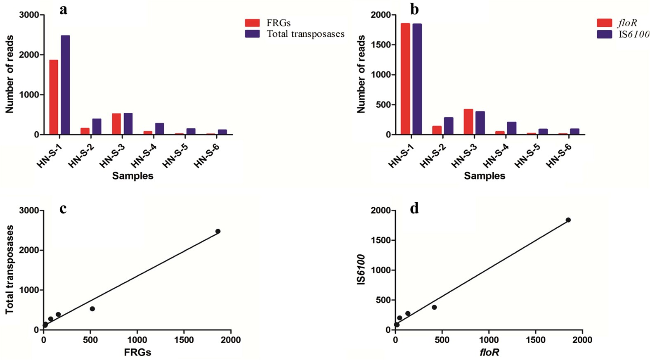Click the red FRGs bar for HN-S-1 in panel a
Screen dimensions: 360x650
[54, 97]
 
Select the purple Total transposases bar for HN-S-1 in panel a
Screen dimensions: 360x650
[65, 85]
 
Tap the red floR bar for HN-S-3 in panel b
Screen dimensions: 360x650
[468, 122]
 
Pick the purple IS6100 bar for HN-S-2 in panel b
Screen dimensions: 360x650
[448, 126]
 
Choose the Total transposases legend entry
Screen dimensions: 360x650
[295, 34]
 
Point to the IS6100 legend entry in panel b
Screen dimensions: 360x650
[623, 34]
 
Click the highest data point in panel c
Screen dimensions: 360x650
[218, 231]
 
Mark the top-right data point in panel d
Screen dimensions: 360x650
[568, 220]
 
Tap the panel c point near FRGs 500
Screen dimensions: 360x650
[92, 309]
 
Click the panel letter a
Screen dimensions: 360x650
[63, 9]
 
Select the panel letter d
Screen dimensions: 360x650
[414, 209]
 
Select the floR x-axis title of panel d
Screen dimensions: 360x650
[489, 352]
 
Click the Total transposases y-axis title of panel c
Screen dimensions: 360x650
[9, 270]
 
